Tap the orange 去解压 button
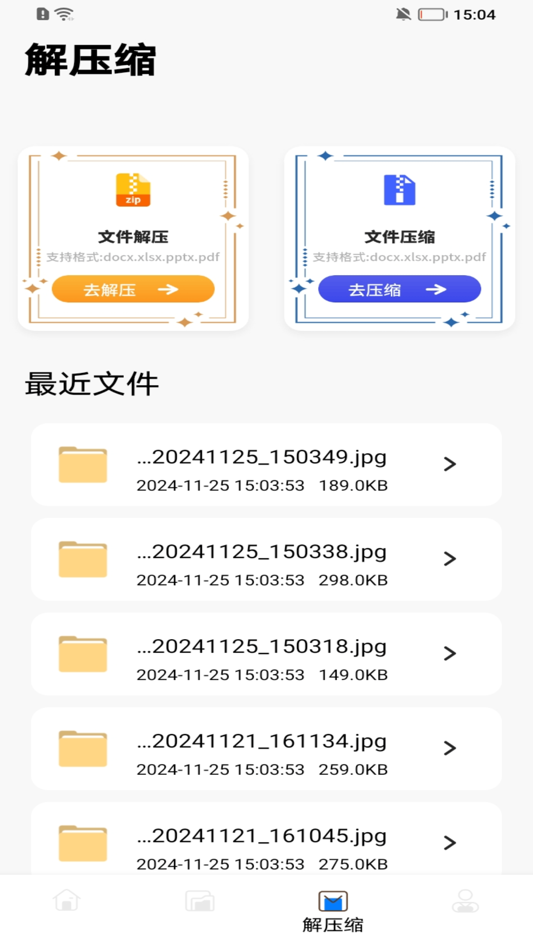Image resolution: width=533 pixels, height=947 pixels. [x=133, y=289]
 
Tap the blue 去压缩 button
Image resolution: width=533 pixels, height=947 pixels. [x=399, y=289]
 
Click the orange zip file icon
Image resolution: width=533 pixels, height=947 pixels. [x=133, y=190]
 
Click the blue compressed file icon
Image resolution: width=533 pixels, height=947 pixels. [x=399, y=190]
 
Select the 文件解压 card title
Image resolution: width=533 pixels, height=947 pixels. [x=133, y=237]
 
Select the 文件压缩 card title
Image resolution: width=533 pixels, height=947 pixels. [x=399, y=237]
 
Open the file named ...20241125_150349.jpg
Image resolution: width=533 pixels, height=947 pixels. [x=262, y=457]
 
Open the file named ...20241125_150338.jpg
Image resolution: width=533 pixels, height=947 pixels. [x=262, y=552]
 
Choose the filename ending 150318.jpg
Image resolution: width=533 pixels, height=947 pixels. [x=262, y=647]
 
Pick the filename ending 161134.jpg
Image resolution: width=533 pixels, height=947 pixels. [x=262, y=741]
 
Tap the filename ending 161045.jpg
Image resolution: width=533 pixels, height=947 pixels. [x=262, y=836]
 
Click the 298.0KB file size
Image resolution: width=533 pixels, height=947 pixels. [x=353, y=580]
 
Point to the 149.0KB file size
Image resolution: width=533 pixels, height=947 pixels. [x=353, y=675]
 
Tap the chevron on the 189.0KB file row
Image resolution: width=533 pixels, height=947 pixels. [x=450, y=464]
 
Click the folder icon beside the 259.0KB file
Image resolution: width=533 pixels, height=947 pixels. [x=83, y=749]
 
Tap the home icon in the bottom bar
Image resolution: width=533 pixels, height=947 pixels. [x=67, y=901]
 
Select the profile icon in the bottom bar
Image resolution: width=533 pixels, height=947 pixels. [x=465, y=901]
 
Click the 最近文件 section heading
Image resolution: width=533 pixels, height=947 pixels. [x=92, y=384]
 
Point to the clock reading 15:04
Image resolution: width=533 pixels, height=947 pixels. [x=474, y=15]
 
